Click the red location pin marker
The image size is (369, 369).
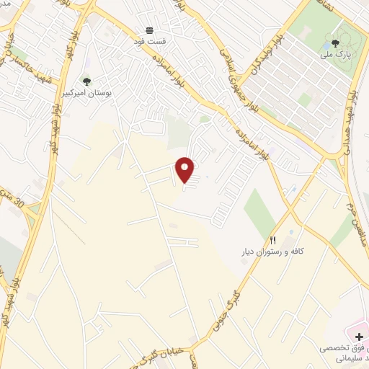185,169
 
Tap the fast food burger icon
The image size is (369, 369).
149,30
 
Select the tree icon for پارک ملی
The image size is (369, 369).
334,43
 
